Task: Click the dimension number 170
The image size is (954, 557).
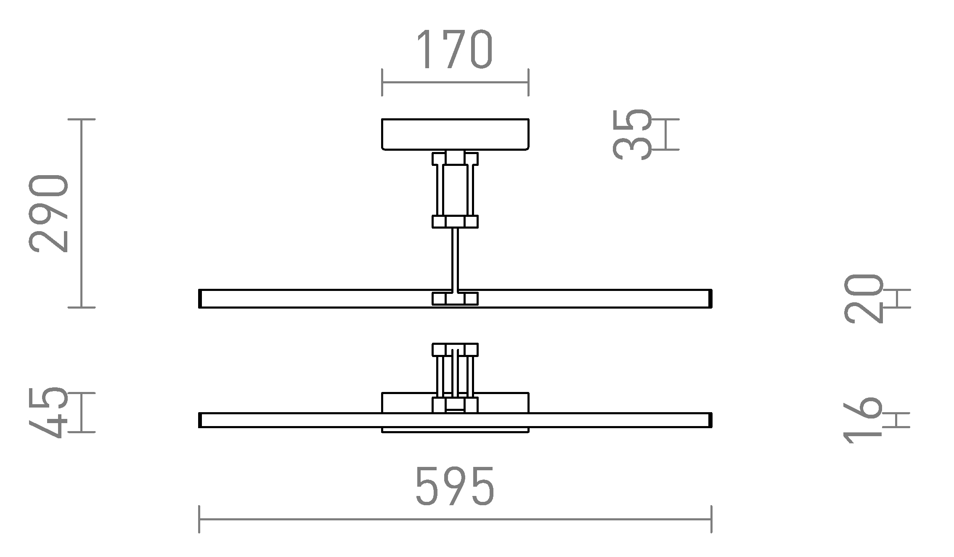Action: (x=454, y=49)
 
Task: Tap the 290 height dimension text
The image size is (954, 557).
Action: (x=49, y=213)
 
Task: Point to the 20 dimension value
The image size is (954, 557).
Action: (x=862, y=298)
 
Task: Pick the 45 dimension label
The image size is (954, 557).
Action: (x=49, y=412)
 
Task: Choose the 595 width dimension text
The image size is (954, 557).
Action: (x=455, y=486)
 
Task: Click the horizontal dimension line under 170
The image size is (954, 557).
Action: (x=455, y=83)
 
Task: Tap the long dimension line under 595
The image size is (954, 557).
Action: (x=455, y=520)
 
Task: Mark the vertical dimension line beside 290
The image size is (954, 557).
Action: (x=82, y=213)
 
